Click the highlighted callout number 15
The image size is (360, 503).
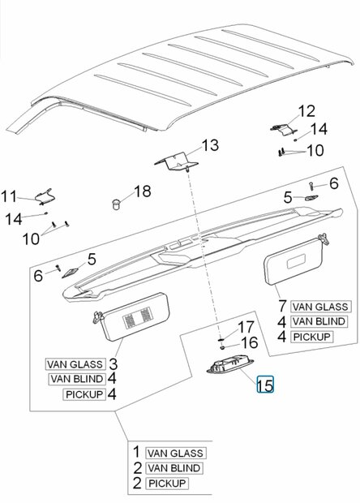[265, 385]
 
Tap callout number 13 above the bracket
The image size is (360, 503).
[210, 145]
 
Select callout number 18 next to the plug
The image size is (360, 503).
[143, 191]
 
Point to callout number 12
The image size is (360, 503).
[306, 111]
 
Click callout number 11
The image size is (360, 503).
[9, 196]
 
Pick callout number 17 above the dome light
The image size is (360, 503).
[246, 327]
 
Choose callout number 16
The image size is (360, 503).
[250, 342]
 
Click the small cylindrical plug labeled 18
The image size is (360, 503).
[116, 204]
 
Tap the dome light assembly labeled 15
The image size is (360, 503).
[225, 366]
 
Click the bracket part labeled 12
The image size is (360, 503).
[283, 129]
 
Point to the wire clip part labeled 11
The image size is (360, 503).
[45, 196]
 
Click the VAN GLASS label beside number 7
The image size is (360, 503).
[320, 307]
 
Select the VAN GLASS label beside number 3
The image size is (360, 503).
[75, 364]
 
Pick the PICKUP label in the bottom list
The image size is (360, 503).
[167, 484]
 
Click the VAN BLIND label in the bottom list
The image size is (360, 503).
[174, 468]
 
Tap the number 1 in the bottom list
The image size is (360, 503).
[136, 452]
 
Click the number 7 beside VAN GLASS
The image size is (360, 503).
[282, 306]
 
